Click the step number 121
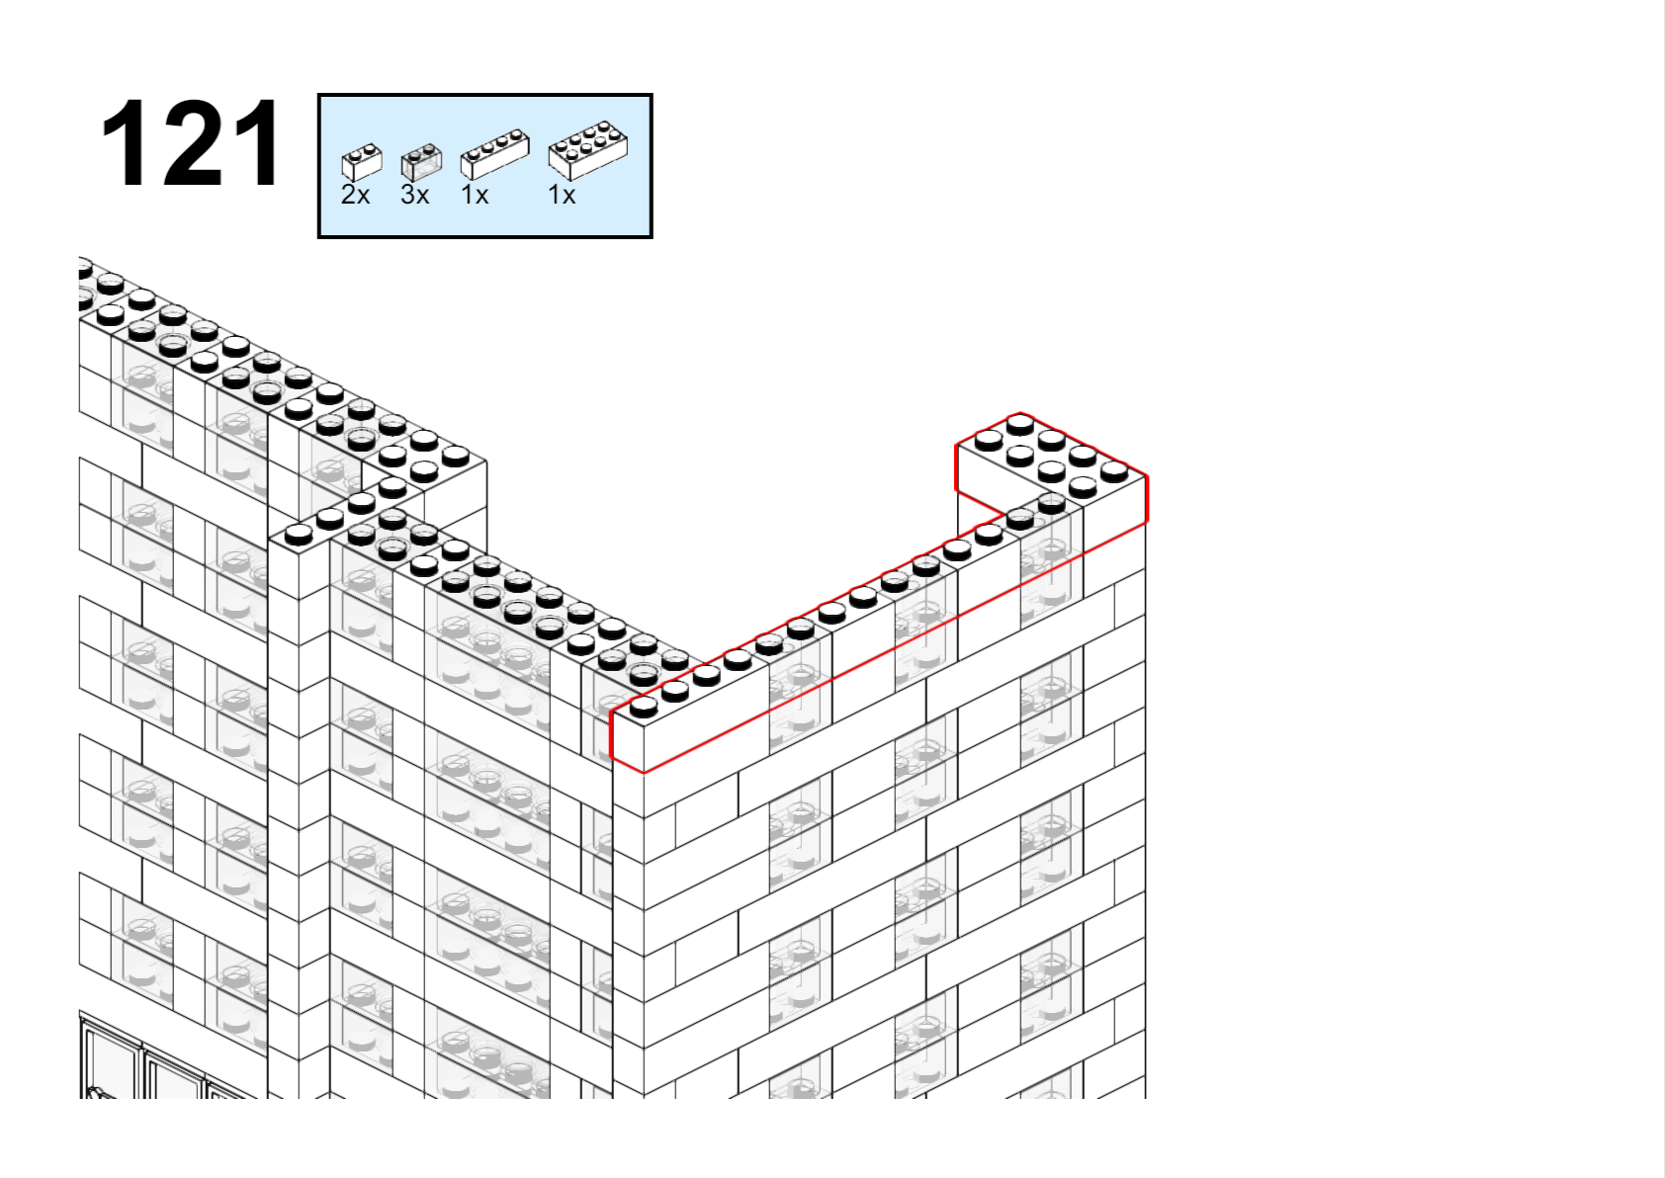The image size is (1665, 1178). [x=191, y=143]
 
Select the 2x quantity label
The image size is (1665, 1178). [x=355, y=195]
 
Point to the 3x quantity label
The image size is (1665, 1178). [x=414, y=195]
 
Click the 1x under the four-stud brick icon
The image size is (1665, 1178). [x=475, y=195]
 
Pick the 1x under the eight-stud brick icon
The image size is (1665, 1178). [x=562, y=195]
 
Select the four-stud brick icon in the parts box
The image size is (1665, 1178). [x=495, y=154]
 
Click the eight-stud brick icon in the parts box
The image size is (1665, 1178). [x=588, y=150]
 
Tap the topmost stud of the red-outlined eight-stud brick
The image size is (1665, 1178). [x=1019, y=425]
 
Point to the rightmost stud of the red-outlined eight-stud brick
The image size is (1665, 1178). [x=1113, y=470]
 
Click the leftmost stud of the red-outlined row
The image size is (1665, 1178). [x=644, y=708]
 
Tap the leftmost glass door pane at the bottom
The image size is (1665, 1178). [x=112, y=1058]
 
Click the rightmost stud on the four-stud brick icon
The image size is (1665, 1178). [x=515, y=135]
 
